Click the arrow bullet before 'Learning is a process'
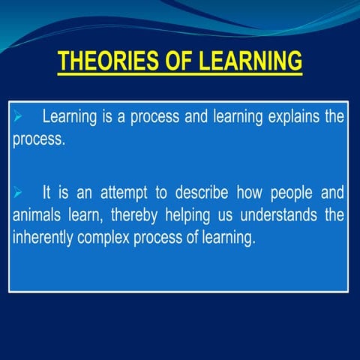click(x=20, y=118)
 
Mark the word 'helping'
click(x=193, y=216)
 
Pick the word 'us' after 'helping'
click(x=229, y=216)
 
